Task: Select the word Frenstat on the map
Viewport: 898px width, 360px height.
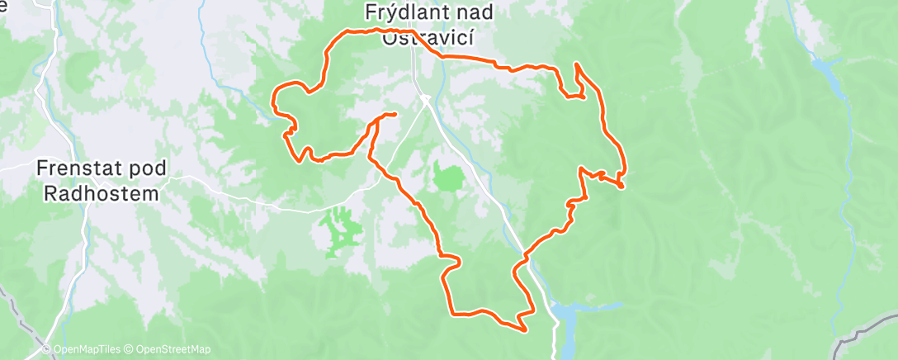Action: (x=76, y=168)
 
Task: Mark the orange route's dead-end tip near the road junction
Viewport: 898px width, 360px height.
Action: (x=395, y=113)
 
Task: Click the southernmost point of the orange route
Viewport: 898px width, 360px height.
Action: (x=525, y=330)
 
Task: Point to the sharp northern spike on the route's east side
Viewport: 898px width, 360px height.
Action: (x=575, y=64)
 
